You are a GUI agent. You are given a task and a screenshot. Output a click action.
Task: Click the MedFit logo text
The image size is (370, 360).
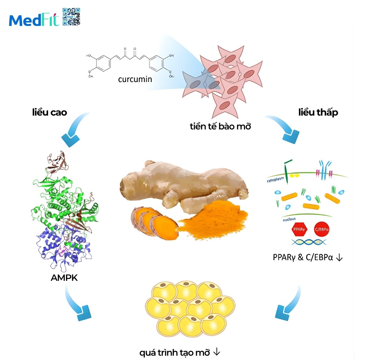click(34, 20)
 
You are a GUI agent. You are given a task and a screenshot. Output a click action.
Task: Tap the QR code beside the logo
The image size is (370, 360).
click(72, 17)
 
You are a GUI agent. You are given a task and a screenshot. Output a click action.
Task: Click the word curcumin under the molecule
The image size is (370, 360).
click(135, 80)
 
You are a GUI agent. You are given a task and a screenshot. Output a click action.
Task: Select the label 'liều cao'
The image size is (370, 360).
click(50, 112)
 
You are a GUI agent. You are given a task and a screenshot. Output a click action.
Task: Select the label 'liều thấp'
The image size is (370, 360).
click(318, 112)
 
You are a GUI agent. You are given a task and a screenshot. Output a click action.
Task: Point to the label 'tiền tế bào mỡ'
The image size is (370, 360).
click(220, 126)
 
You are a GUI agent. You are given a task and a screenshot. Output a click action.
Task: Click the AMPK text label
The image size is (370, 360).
click(64, 278)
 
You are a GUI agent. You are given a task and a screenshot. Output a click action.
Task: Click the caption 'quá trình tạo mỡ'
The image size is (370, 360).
click(175, 352)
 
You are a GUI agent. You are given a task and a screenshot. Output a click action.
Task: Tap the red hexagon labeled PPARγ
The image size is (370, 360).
click(299, 229)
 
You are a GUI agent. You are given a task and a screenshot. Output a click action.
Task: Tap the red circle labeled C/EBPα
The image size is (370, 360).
click(322, 229)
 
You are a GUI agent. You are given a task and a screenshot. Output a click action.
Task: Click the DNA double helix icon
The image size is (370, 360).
click(308, 242)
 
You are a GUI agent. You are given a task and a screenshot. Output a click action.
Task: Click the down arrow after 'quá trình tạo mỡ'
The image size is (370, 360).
click(217, 352)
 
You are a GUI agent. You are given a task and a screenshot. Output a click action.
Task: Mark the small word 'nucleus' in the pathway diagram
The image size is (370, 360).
click(289, 219)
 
